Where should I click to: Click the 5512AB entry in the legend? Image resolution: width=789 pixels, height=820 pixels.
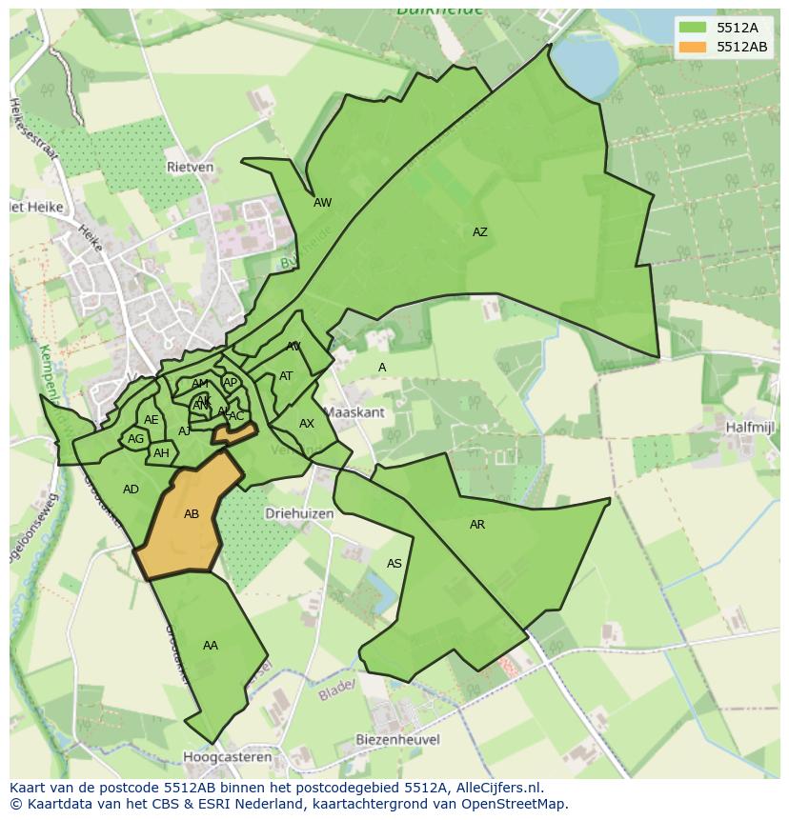(742, 46)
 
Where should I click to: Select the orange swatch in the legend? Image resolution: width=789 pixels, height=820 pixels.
(693, 46)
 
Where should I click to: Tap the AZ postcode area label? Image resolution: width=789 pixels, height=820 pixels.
(479, 231)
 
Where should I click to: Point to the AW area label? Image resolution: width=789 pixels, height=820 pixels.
(322, 203)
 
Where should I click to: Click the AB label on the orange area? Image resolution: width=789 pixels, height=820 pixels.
(192, 514)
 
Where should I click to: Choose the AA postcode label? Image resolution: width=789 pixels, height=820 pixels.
(211, 646)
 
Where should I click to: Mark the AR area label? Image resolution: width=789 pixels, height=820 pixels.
(477, 525)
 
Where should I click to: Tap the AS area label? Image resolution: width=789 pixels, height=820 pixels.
(394, 564)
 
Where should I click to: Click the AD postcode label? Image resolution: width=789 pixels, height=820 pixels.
(131, 490)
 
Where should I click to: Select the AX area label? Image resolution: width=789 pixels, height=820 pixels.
(307, 424)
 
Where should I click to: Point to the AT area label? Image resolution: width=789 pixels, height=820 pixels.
(286, 376)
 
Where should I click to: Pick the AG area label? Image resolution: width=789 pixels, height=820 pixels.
(135, 439)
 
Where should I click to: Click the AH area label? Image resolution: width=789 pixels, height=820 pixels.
(161, 453)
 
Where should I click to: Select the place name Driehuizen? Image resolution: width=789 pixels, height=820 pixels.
(299, 512)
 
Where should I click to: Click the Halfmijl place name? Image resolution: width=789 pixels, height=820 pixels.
(748, 428)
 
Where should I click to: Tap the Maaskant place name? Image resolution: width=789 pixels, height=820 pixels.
(354, 412)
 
